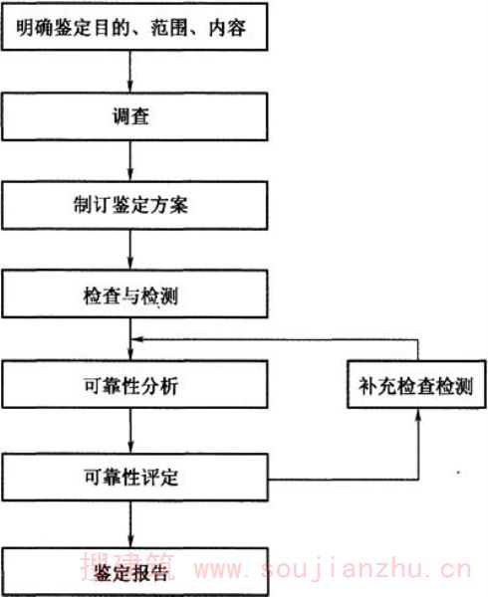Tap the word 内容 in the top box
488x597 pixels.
tap(227, 28)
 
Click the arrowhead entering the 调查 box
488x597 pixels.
tap(129, 88)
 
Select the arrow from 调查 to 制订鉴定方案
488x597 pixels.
tap(129, 161)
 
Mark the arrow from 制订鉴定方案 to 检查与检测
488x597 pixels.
tap(129, 250)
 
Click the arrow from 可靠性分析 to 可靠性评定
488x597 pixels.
tap(130, 431)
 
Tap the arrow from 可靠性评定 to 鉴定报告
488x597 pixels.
tap(130, 524)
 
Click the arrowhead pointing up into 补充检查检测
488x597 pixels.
tap(418, 415)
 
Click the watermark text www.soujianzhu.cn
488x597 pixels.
tap(333, 569)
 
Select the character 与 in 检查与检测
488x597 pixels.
tap(130, 297)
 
